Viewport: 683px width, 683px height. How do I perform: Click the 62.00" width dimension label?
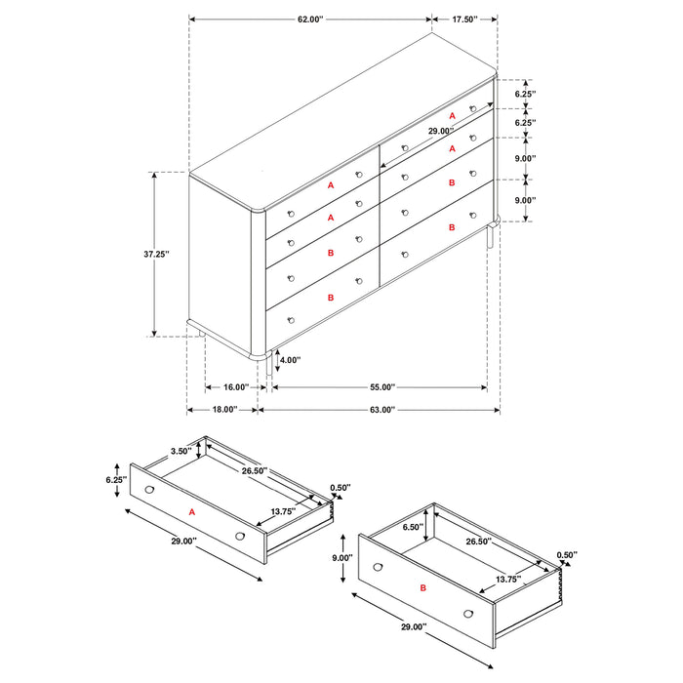[x=309, y=19]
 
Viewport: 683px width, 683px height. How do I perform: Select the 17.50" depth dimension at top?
[x=464, y=19]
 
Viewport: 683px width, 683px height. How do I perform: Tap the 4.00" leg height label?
[x=290, y=360]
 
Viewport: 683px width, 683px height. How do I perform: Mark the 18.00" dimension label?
[x=221, y=411]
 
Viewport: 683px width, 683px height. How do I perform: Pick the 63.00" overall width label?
[x=380, y=411]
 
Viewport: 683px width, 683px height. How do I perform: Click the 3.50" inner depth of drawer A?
[x=180, y=451]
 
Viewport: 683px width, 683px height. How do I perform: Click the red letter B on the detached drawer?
[x=422, y=588]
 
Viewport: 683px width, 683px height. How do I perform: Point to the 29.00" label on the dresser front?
[x=440, y=131]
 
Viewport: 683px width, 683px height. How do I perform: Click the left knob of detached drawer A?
[x=149, y=489]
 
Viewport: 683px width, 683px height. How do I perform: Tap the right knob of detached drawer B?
[x=468, y=613]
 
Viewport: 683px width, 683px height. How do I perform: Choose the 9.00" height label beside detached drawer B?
[x=343, y=558]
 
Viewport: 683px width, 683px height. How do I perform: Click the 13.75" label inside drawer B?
[x=506, y=580]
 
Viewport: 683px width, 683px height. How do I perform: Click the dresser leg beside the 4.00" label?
[x=269, y=362]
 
